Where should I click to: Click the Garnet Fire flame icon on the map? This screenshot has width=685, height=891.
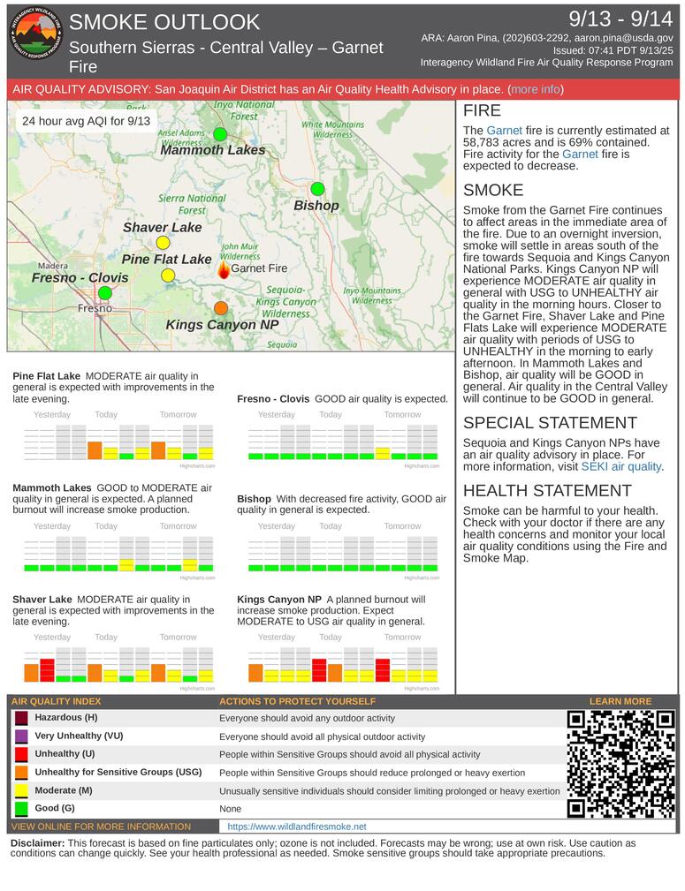tap(224, 268)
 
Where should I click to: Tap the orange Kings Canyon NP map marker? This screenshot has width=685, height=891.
tap(221, 308)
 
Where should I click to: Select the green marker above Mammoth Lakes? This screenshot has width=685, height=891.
tap(220, 134)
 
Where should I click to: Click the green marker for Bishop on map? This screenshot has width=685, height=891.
tap(317, 189)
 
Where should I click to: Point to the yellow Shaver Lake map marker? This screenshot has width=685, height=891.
tap(163, 243)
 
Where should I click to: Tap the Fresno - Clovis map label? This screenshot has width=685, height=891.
tap(80, 277)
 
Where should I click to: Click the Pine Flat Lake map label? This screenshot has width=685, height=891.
tap(166, 259)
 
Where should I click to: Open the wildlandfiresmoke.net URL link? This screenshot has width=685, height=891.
tap(296, 827)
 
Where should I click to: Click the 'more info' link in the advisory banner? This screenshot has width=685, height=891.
tap(535, 90)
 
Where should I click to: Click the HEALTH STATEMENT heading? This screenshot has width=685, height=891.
tap(547, 490)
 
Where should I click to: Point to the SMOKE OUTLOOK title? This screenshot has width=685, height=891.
tap(164, 22)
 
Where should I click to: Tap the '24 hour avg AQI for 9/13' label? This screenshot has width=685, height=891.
tap(86, 121)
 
